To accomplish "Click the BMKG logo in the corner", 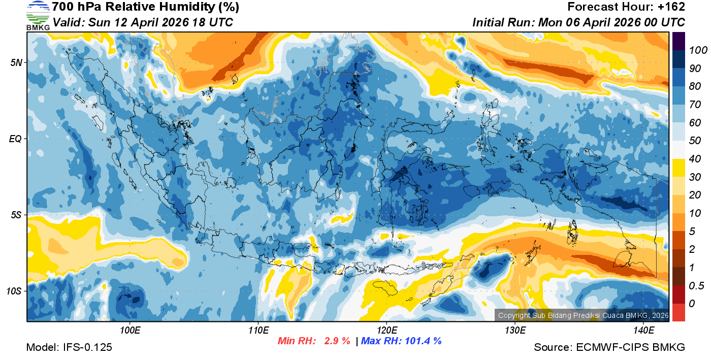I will point(38,15).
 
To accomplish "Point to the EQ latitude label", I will point(16,138).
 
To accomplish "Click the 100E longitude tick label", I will point(130,330).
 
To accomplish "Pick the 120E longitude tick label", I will point(386,330).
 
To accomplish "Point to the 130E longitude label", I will point(515,330).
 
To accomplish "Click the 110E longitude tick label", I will point(258,330).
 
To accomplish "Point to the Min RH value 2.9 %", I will point(337,341).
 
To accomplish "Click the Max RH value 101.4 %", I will point(422,341).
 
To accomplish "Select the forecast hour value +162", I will point(672,7).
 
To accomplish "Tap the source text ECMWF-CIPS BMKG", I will point(630,347).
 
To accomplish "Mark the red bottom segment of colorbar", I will point(678,312).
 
